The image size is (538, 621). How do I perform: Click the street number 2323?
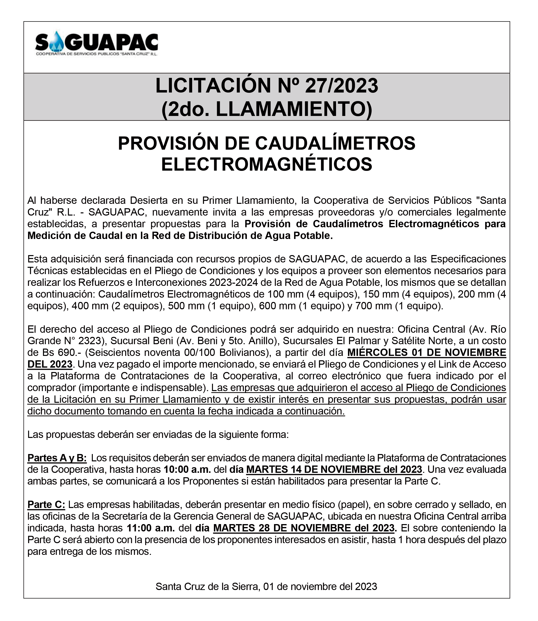click(88, 341)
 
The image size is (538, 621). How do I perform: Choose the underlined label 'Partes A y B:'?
click(57, 458)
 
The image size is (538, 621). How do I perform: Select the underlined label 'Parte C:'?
click(46, 505)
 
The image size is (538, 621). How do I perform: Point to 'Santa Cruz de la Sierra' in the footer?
click(207, 587)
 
